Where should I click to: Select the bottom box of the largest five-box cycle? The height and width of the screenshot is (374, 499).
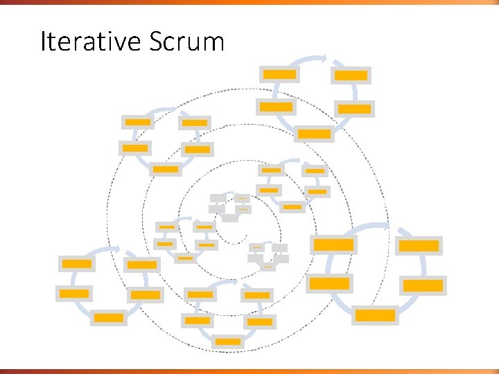375,315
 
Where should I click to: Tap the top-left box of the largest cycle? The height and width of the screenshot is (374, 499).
333,244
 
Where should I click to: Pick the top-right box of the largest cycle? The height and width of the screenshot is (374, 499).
419,245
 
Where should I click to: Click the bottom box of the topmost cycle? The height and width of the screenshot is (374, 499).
315,134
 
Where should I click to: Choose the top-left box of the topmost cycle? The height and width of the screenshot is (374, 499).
279,74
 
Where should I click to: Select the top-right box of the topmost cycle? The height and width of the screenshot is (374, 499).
351,75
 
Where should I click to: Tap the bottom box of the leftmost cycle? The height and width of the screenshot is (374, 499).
109,318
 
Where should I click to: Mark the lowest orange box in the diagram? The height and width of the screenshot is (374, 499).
228,341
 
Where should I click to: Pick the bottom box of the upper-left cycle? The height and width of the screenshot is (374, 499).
166,169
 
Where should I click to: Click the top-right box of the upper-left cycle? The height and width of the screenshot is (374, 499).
195,123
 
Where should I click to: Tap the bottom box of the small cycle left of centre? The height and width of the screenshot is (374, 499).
185,258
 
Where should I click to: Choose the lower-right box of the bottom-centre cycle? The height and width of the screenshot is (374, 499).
260,321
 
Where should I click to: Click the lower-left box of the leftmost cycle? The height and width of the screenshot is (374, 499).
74,293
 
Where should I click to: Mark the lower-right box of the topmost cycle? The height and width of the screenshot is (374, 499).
354,109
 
